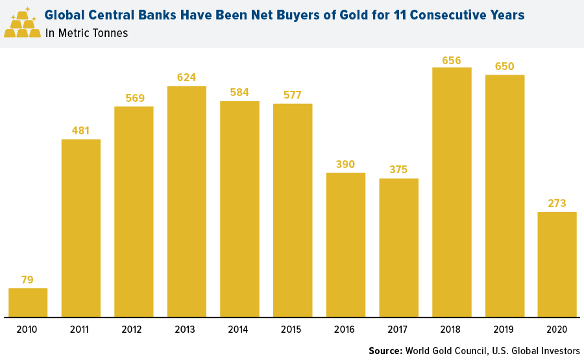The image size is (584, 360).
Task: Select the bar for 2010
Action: (x=28, y=302)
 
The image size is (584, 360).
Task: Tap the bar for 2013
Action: (x=187, y=202)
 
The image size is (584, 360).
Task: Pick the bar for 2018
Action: (x=452, y=192)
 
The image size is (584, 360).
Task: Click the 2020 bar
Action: (x=557, y=265)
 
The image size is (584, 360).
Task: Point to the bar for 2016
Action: (x=346, y=245)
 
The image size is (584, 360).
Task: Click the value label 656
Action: (x=452, y=61)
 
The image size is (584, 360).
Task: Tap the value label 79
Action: (x=27, y=280)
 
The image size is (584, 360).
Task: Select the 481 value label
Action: (x=81, y=131)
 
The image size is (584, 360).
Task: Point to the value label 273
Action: (x=557, y=204)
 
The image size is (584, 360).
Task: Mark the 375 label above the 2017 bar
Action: (x=398, y=170)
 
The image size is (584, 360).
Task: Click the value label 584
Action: (x=239, y=93)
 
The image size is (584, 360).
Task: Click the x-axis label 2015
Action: (x=293, y=330)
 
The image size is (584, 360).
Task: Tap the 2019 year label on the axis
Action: (x=504, y=330)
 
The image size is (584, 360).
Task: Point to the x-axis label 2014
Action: (x=239, y=330)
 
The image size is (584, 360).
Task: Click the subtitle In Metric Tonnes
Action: (x=87, y=34)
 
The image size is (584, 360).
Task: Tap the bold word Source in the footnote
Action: (x=385, y=351)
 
